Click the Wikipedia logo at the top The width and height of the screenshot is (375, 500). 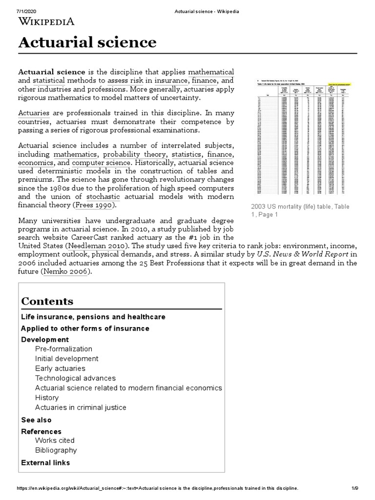point(46,21)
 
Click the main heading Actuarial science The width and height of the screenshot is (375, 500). point(87,42)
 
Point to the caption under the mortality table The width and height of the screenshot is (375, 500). point(300,210)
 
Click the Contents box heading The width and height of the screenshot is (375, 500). point(47,301)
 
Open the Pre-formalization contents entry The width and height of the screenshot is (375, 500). point(63,349)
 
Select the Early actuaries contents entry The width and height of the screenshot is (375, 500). point(60,368)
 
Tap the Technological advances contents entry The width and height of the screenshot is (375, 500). point(75,378)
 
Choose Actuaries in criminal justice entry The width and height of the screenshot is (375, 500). point(81,407)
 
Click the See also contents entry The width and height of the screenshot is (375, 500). point(36,420)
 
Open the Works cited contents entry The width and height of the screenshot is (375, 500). point(55,440)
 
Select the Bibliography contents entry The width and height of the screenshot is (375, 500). point(56,450)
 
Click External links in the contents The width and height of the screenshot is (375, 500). point(45,462)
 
